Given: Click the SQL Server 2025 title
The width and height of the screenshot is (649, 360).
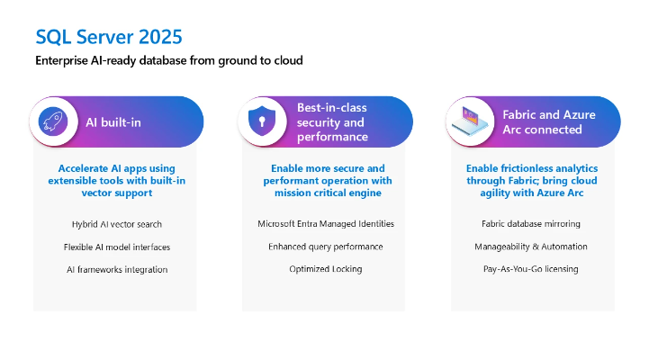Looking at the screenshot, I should click(x=108, y=37).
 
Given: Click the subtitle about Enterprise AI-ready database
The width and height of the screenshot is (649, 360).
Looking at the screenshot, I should click(x=169, y=60).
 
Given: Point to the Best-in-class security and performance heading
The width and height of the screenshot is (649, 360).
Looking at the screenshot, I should click(x=332, y=121).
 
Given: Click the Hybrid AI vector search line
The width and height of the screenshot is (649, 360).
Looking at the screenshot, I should click(x=116, y=223).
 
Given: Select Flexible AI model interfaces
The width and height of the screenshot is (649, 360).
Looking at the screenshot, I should click(x=116, y=247).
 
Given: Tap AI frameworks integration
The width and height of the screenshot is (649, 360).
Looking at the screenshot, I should click(x=116, y=269).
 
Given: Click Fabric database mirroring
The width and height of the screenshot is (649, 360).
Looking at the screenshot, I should click(x=531, y=223).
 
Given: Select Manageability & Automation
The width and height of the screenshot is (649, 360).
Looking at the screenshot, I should click(x=531, y=247).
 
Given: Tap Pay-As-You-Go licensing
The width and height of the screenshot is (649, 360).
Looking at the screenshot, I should click(x=531, y=269).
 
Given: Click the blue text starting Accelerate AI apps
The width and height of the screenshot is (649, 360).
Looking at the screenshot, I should click(x=116, y=180).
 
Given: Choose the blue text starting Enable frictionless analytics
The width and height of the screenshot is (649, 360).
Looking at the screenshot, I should click(x=531, y=180).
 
